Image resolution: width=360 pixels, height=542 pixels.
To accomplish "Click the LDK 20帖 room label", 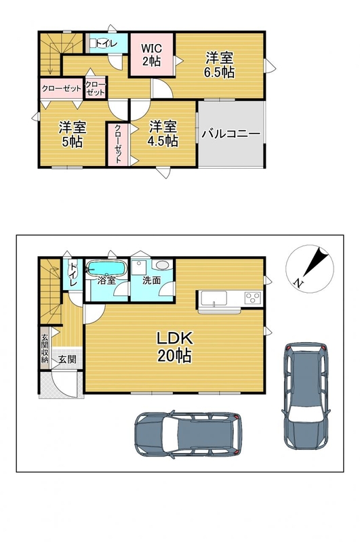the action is tap(175, 347).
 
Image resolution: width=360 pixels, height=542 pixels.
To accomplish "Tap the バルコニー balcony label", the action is tap(231, 133).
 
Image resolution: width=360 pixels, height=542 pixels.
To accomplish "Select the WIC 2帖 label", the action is tap(151, 55).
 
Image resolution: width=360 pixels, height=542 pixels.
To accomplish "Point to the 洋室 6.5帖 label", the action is tap(219, 64).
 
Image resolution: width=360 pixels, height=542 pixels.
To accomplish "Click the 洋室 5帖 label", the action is tap(73, 134).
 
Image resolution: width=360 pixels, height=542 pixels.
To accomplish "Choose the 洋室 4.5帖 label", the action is tap(163, 133).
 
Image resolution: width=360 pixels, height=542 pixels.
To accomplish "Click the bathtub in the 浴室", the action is tap(106, 268).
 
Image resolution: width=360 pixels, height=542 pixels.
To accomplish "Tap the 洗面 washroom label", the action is tap(152, 280).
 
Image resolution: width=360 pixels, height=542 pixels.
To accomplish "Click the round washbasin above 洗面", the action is tap(162, 265).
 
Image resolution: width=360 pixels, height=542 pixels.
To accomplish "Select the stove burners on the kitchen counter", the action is tap(254, 297).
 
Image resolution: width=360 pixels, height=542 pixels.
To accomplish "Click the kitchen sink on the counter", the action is tap(214, 297).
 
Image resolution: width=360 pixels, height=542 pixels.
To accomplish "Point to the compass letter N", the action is tap(297, 283).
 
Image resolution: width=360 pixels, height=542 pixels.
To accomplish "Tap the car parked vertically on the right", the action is tap(306, 396).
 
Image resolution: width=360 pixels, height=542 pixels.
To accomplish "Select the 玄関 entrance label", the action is tap(66, 359).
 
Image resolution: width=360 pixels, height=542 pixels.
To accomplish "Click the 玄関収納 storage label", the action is tap(44, 348).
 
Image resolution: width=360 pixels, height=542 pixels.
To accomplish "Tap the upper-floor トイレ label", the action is tap(106, 43).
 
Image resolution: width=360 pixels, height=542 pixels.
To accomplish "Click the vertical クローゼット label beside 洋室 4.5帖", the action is tap(117, 144).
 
